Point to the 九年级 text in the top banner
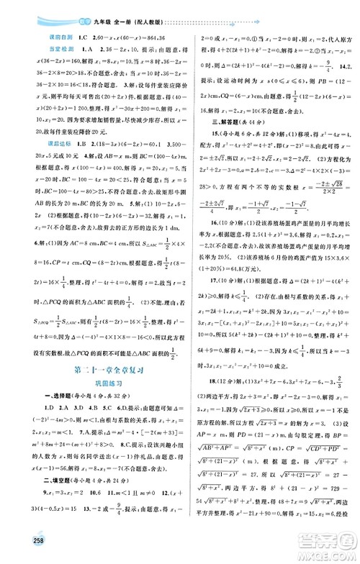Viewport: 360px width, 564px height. click(x=63, y=11)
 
